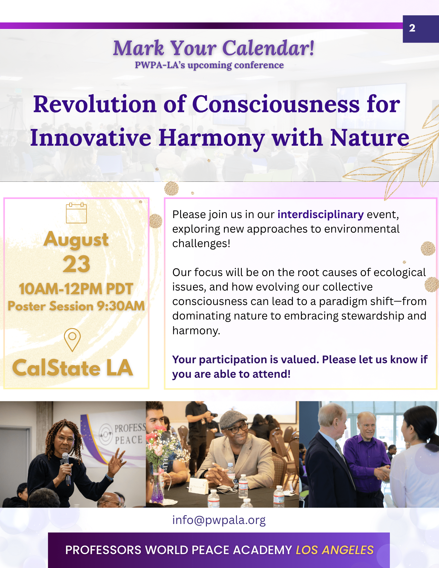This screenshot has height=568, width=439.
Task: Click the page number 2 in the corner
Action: (412, 28)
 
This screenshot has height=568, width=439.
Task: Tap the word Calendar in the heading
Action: (268, 48)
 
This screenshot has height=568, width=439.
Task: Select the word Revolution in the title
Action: (95, 104)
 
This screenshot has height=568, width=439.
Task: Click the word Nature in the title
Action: (369, 138)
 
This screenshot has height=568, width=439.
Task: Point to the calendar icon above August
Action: (76, 213)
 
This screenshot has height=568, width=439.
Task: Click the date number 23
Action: (76, 264)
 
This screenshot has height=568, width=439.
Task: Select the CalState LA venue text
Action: (73, 368)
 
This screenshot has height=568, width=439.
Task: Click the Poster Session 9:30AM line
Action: (76, 306)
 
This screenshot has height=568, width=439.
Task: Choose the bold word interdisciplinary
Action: (320, 214)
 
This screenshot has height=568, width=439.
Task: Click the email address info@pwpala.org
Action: (219, 520)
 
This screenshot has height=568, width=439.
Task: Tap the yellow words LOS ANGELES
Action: (334, 550)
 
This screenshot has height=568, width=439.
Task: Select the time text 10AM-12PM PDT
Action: (76, 289)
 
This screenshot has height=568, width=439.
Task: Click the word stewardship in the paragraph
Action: (373, 316)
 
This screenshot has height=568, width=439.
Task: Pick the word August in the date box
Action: (76, 239)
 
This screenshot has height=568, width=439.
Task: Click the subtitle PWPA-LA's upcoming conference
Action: (209, 65)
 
